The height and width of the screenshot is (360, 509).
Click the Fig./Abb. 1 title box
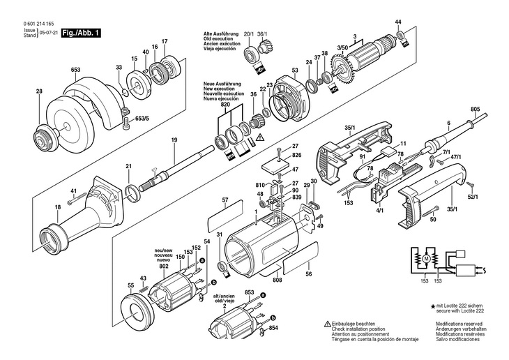pos(81,33)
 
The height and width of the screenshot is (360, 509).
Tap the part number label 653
pos(75,70)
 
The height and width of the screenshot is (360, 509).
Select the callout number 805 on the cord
pos(475,110)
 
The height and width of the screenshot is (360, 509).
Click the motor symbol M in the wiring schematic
pos(426,259)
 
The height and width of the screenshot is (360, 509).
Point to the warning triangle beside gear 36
pos(260,137)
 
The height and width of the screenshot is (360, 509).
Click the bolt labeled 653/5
pos(127,123)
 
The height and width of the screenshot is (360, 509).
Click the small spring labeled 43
pos(142,287)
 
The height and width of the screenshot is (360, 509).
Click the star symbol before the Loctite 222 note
pos(433,306)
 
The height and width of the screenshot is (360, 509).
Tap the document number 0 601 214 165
pos(38,24)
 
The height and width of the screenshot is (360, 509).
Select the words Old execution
pos(218,39)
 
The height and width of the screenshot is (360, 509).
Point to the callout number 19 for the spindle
pos(174,140)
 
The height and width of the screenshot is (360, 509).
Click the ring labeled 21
pos(132,193)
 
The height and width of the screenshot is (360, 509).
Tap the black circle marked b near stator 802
pos(213,283)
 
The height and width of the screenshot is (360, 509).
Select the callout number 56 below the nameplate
pos(309,274)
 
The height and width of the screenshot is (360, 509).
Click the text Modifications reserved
pos(459,324)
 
